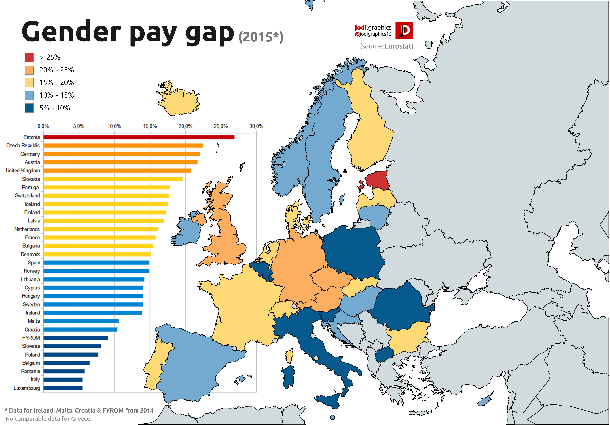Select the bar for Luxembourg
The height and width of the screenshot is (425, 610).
pos(63,388)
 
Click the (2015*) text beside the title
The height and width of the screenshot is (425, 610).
pos(261,37)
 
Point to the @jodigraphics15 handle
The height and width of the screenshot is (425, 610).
pos(373,34)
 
